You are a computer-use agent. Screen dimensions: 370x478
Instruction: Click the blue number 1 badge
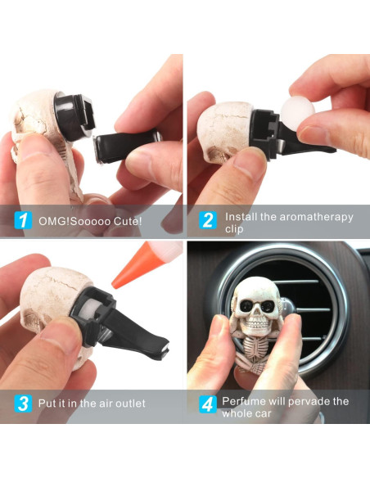coord(23,220)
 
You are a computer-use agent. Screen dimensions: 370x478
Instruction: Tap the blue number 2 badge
coord(208,220)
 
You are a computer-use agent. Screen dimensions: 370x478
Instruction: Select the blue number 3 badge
coord(23,404)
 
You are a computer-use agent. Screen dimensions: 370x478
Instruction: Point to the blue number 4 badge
coord(208,404)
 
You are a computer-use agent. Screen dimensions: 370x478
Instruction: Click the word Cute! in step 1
coord(128,221)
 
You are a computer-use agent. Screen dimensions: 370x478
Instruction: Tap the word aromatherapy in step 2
coord(316,217)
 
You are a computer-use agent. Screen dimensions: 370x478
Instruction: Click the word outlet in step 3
coord(130,404)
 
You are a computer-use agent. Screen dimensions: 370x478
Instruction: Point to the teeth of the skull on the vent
coord(257,323)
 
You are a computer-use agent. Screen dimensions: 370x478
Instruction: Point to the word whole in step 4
coord(235,413)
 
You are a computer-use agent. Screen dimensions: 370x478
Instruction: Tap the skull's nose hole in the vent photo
coord(256,315)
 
